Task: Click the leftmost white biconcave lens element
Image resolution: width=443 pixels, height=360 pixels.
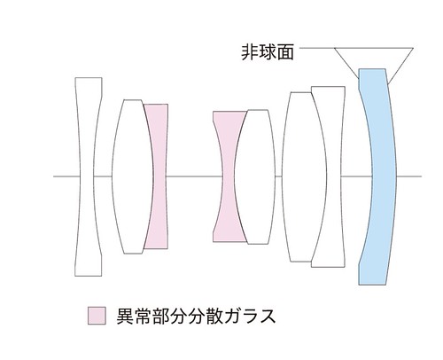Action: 88,176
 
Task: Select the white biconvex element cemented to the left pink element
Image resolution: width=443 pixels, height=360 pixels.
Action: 133,176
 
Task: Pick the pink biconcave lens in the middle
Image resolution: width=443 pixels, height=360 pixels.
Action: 229,176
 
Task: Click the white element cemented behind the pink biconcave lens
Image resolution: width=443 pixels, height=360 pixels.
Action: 256,176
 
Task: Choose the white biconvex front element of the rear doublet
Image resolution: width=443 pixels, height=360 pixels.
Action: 304,176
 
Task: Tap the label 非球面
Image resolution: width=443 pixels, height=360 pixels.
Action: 268,52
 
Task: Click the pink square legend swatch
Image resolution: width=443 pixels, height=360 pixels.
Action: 97,316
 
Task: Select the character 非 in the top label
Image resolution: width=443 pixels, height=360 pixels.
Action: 250,52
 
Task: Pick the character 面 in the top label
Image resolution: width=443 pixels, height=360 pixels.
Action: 285,52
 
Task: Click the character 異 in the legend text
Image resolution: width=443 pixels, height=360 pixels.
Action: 125,316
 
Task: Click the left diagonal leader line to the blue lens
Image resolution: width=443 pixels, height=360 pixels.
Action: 346,63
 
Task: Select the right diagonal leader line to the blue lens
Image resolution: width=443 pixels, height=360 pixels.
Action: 400,66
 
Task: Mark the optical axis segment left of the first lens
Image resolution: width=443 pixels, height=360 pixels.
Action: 66,176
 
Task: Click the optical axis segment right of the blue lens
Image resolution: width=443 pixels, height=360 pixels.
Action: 409,176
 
